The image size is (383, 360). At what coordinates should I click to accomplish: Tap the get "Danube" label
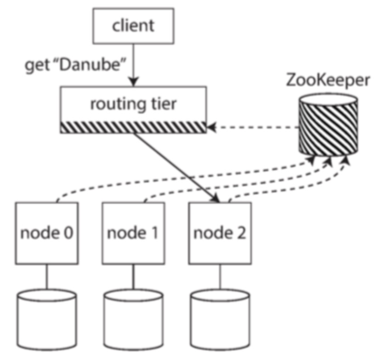point(75,66)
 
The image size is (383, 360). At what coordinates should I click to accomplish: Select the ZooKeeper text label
point(327,79)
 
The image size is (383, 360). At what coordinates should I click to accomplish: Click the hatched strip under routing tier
point(133,127)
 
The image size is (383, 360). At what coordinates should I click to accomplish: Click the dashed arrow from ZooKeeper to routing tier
point(253,127)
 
